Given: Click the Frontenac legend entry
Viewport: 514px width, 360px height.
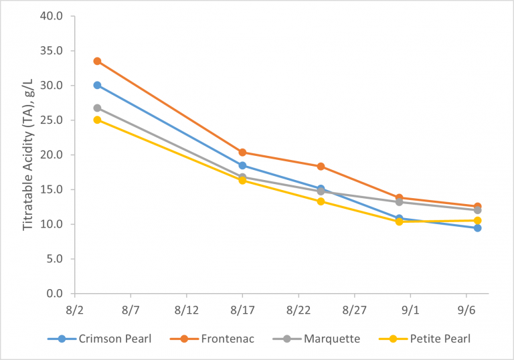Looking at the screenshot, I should pyautogui.click(x=227, y=339).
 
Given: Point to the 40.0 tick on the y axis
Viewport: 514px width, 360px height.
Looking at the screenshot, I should pyautogui.click(x=51, y=16).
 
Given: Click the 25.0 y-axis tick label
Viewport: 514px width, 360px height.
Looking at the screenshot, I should pyautogui.click(x=51, y=120).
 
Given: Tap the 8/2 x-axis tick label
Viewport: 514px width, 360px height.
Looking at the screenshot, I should pyautogui.click(x=74, y=311).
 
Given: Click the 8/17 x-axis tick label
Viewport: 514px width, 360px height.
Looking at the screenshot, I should pyautogui.click(x=242, y=311).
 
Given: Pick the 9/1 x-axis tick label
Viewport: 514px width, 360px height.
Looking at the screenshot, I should pyautogui.click(x=410, y=311).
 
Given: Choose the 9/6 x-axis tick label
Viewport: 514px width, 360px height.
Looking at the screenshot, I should pyautogui.click(x=466, y=311).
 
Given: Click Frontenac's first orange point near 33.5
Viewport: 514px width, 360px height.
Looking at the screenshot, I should pyautogui.click(x=97, y=61).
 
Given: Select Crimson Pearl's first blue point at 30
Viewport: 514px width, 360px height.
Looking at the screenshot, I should pyautogui.click(x=97, y=85).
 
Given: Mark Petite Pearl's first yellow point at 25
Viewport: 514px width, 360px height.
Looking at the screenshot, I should pyautogui.click(x=97, y=120).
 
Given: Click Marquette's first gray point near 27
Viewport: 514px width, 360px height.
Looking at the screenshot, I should pyautogui.click(x=97, y=108).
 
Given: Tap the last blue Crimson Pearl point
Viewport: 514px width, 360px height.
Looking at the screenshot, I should pyautogui.click(x=477, y=228).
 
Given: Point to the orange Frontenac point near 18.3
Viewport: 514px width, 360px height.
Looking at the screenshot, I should pyautogui.click(x=321, y=167).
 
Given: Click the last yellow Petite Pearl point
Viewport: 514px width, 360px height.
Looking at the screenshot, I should pyautogui.click(x=477, y=220).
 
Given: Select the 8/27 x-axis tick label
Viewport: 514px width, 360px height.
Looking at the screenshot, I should pyautogui.click(x=354, y=311).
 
